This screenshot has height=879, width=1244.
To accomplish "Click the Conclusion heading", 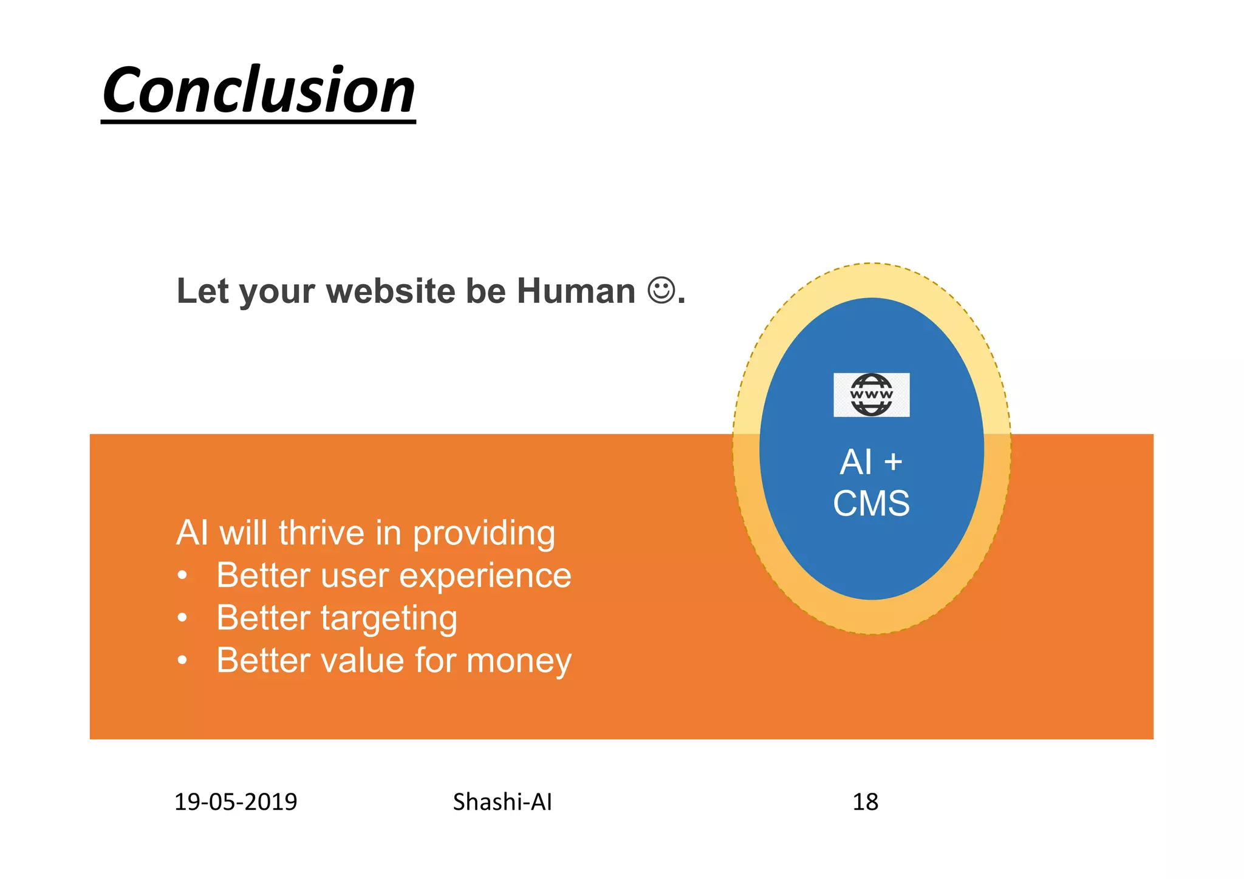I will [259, 91].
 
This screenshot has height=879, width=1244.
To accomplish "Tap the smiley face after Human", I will [661, 290].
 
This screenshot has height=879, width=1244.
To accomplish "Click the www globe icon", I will [871, 395].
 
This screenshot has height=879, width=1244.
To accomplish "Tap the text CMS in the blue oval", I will [871, 503].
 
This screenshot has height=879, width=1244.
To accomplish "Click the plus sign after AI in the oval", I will [893, 462].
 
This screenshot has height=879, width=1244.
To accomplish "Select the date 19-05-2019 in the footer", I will [236, 802].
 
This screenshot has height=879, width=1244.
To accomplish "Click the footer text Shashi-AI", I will [502, 802].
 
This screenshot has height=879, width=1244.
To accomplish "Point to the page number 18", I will [865, 802].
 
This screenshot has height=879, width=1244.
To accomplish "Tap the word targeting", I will [389, 619].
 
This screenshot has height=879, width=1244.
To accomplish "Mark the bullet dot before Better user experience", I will [182, 575].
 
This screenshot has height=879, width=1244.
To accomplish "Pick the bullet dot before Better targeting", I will [182, 618].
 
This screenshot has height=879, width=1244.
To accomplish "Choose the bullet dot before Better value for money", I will [182, 660].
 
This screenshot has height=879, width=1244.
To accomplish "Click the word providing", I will [484, 534].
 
